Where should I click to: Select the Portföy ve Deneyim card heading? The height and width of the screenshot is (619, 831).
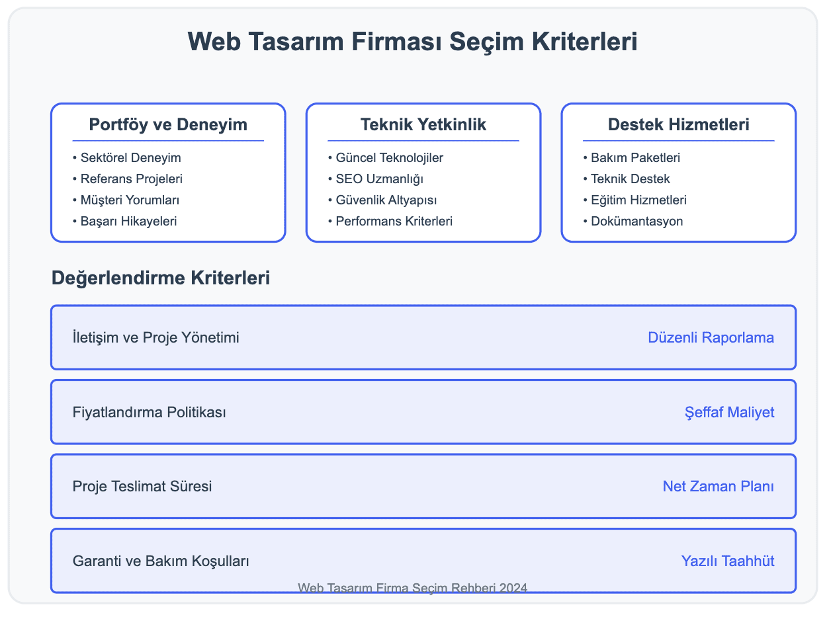[168, 124]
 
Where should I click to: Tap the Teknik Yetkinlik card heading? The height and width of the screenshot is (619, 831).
[423, 124]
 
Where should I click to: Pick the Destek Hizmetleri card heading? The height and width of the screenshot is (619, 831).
[678, 124]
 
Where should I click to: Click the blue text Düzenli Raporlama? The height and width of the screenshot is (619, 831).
[711, 338]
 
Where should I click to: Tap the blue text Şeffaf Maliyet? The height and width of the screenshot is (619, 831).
[729, 413]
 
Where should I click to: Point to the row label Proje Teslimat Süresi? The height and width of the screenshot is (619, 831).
[142, 487]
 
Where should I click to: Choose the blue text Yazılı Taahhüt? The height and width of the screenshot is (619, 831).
[728, 561]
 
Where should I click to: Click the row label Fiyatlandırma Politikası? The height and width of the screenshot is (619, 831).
[150, 413]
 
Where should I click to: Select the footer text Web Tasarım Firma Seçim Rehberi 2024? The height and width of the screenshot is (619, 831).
[413, 587]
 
